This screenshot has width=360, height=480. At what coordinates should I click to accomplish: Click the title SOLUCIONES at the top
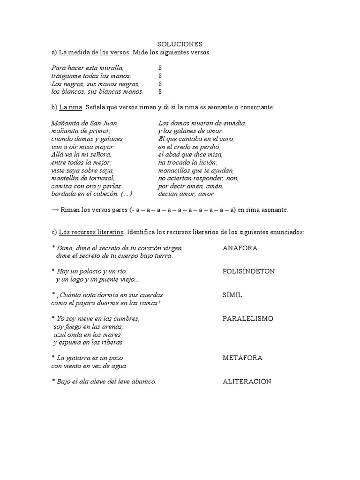(x=180, y=44)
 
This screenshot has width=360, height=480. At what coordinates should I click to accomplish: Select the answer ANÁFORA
(x=240, y=248)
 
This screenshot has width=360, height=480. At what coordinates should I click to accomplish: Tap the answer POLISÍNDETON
(x=248, y=271)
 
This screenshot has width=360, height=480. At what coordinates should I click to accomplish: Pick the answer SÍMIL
(x=232, y=295)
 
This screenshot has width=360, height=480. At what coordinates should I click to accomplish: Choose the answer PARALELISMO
(x=247, y=319)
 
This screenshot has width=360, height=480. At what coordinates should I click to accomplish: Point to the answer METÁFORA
(x=242, y=358)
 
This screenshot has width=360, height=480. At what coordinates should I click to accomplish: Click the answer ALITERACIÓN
(x=247, y=382)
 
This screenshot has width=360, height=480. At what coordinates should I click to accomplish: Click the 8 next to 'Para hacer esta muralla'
(x=160, y=68)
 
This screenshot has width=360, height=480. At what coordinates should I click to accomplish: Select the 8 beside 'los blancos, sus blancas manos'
(x=160, y=91)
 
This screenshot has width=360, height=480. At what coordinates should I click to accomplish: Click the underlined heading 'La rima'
(x=71, y=107)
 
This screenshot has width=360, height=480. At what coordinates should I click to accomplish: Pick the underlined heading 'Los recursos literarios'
(x=91, y=232)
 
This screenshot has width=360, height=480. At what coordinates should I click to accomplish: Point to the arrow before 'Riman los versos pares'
(x=54, y=210)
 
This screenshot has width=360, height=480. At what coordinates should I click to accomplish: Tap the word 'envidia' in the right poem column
(x=235, y=123)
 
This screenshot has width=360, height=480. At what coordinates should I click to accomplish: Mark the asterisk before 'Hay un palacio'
(x=53, y=271)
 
